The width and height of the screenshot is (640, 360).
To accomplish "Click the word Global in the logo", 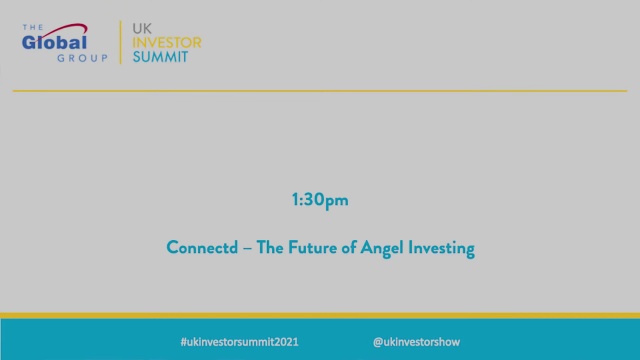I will tap(55, 42).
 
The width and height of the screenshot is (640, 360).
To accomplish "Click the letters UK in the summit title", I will tap(143, 27).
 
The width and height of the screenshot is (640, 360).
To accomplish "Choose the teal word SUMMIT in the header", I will tap(160, 57).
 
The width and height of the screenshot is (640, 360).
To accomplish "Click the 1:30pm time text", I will tap(320, 201).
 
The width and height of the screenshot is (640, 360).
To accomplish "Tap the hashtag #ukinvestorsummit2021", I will tap(233, 341).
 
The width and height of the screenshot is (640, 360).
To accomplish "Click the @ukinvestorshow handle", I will tap(416, 341).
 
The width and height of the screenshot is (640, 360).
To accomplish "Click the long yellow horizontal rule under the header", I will tap(320, 90).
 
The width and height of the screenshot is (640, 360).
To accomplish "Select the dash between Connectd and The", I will tap(246, 250).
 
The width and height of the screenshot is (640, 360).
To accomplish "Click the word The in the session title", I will tap(270, 249).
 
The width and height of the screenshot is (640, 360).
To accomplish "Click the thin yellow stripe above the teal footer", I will tap(320, 316).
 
